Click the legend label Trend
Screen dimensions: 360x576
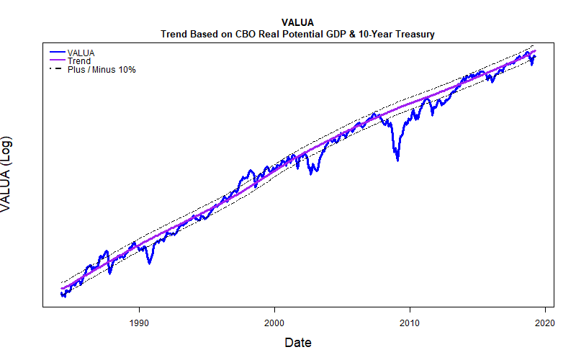click(78, 61)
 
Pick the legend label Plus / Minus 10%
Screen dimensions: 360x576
click(102, 70)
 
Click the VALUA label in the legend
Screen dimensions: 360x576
click(81, 53)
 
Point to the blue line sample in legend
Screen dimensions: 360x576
click(57, 53)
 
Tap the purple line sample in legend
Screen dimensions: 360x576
click(57, 61)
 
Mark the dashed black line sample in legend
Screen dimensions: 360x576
click(57, 70)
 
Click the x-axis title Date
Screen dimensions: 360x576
click(297, 343)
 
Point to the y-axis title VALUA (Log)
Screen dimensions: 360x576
click(7, 173)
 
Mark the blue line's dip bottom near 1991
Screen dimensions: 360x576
click(149, 263)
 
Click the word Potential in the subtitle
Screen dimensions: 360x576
click(298, 34)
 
